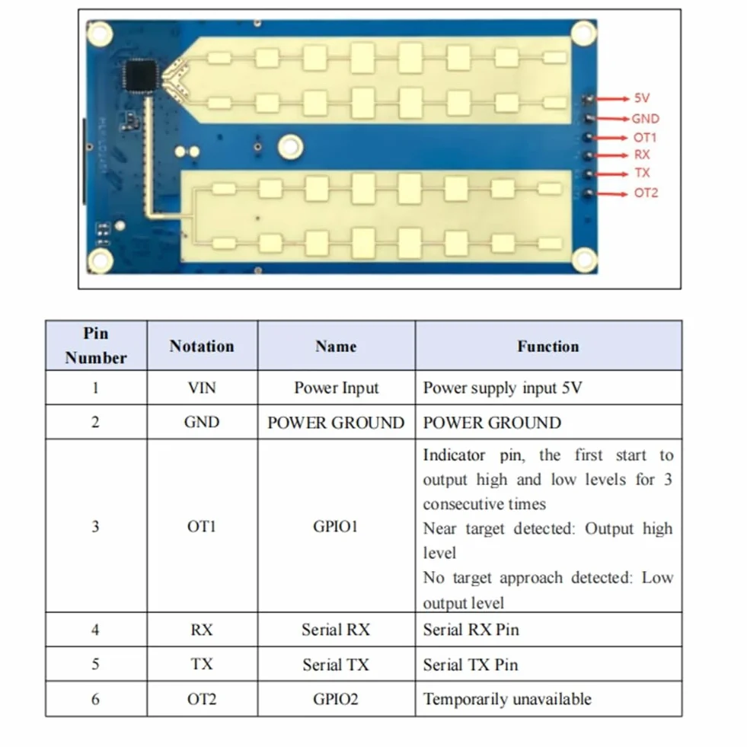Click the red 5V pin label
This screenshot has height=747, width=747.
(x=642, y=98)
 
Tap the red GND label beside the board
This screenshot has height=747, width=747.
(x=646, y=119)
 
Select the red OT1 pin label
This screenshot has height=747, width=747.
(x=645, y=138)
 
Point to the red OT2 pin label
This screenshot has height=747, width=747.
(x=646, y=193)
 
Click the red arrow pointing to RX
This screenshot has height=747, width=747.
(x=611, y=155)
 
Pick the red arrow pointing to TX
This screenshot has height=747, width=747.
(x=611, y=174)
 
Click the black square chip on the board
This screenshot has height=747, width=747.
(x=140, y=75)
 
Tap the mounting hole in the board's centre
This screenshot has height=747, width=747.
(x=291, y=146)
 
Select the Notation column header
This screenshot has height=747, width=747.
(x=202, y=346)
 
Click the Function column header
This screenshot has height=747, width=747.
(x=548, y=346)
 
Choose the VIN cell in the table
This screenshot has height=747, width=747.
(x=202, y=388)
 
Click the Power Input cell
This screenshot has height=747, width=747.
(x=337, y=388)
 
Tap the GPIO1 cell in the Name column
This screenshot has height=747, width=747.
(x=335, y=526)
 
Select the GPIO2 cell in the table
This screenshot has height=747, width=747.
(x=335, y=699)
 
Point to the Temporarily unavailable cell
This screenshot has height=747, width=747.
(x=507, y=699)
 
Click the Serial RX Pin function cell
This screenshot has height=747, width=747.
(x=471, y=630)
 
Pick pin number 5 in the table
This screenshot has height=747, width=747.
(x=96, y=664)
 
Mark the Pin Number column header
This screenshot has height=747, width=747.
(x=96, y=346)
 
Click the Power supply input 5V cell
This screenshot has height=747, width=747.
(x=503, y=388)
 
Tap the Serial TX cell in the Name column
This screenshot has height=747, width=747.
(x=336, y=665)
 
